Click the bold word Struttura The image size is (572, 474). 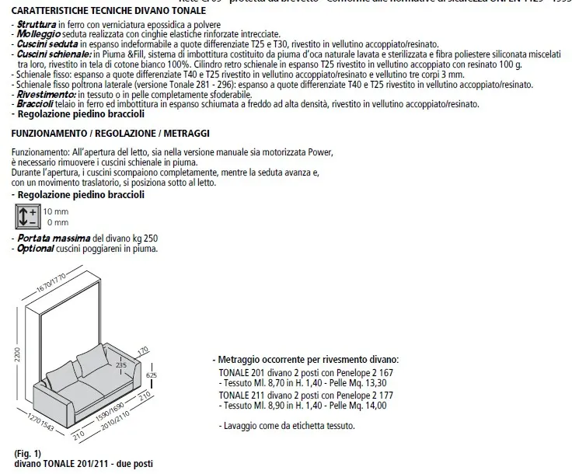pyautogui.click(x=34, y=26)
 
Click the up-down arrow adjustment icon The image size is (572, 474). pyautogui.click(x=27, y=215)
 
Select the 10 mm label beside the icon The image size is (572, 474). pyautogui.click(x=55, y=211)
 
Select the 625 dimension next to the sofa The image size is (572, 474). pyautogui.click(x=152, y=377)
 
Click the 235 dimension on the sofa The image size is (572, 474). pyautogui.click(x=120, y=364)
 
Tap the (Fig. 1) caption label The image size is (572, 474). pyautogui.click(x=27, y=453)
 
